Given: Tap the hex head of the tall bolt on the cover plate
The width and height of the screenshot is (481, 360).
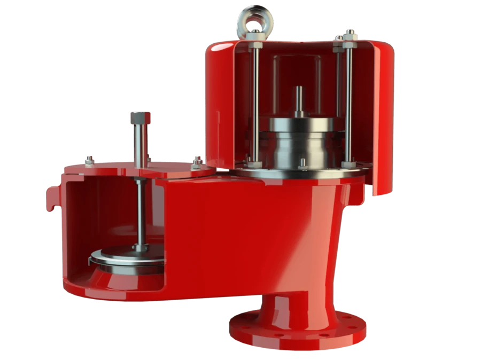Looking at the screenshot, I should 140,118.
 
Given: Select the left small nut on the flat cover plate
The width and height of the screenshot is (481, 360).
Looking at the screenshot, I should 89,160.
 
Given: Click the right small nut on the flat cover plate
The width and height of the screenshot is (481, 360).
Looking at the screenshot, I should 197,160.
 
